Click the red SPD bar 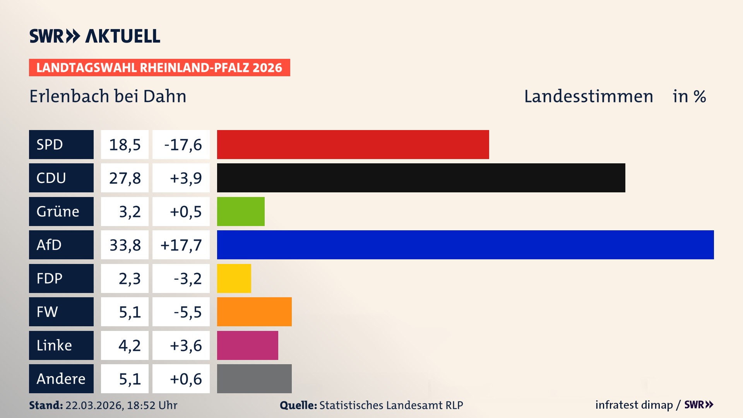pos(353,144)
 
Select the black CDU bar pos(421,178)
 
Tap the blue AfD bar pos(465,245)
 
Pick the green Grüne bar pos(241,211)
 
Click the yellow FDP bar pos(234,278)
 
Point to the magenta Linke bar pos(247,345)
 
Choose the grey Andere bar pos(254,379)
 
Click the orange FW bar pos(254,312)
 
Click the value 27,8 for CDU pos(125,178)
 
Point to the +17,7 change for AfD pos(181,245)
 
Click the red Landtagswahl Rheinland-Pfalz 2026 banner pos(159,68)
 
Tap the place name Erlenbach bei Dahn pos(108,96)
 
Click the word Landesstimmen pos(588,96)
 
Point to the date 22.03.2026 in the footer pos(94,405)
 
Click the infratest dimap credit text pos(634,405)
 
